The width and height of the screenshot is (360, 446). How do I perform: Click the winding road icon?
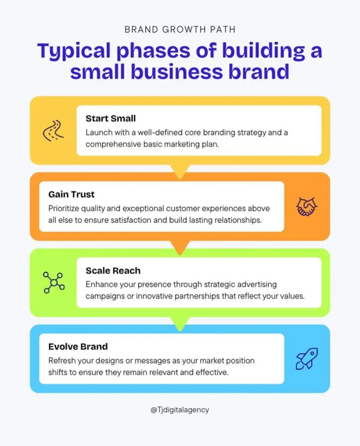click(x=53, y=131)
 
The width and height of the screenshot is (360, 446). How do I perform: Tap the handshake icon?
click(x=306, y=206)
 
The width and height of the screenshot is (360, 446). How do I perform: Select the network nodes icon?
click(x=54, y=283)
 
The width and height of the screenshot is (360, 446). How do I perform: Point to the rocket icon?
click(x=307, y=359)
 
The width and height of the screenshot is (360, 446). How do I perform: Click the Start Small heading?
click(x=111, y=118)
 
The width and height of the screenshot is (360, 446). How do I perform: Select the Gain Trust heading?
click(x=71, y=194)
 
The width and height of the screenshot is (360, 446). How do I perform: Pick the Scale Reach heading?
click(x=113, y=270)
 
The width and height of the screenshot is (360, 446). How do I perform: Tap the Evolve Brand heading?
click(x=78, y=346)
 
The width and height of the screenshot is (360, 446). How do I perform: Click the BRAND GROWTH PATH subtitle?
click(x=180, y=30)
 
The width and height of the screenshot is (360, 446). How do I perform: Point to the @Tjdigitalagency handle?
click(x=180, y=410)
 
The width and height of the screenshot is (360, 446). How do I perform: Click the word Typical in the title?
click(x=74, y=51)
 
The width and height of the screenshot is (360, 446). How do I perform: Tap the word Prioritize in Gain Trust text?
click(x=64, y=209)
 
